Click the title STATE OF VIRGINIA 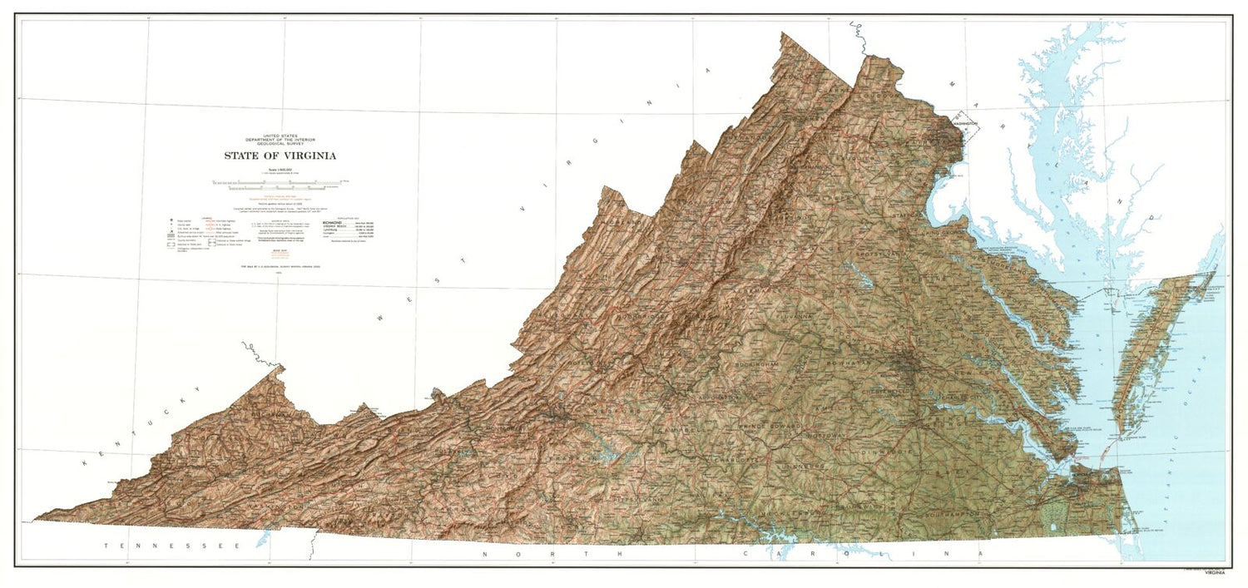[280, 156]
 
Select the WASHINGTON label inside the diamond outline [965, 122]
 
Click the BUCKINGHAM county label [759, 365]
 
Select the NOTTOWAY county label [825, 434]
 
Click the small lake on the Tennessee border [263, 540]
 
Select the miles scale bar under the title [280, 181]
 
